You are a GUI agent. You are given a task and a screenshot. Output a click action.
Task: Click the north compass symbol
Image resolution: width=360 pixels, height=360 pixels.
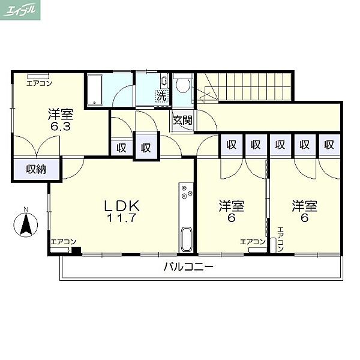pos(26,224)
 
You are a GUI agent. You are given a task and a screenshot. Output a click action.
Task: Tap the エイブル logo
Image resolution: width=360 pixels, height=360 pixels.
pos(20,10)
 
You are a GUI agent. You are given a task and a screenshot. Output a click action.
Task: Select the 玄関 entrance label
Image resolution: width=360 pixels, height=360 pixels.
pos(182,120)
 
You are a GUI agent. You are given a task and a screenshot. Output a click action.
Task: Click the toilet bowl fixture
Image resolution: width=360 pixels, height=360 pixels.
pos(183,84)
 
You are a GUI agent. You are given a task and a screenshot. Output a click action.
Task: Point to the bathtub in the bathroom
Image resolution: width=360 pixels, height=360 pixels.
pos(94,89)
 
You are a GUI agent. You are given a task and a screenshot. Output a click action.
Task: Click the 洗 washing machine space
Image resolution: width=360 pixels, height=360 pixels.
pos(161,97)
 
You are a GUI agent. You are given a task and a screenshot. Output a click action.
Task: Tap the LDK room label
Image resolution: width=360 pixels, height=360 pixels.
pos(122,205)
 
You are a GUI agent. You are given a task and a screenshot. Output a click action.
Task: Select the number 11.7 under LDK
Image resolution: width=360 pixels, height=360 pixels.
pos(122,218)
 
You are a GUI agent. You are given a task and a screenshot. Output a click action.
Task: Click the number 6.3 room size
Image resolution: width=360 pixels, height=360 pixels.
pos(61,127)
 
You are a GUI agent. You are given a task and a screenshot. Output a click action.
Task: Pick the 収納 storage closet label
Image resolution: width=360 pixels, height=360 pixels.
pos(36,169)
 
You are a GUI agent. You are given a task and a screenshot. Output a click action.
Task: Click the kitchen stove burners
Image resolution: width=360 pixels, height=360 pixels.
pos(187,192)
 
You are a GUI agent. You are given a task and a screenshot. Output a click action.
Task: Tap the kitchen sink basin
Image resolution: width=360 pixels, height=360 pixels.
pos(187,239)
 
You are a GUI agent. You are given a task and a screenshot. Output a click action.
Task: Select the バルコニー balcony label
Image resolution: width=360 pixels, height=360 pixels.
pos(188,267)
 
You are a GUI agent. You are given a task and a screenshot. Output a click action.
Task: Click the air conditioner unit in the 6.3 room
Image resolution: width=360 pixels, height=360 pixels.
pos(38,76)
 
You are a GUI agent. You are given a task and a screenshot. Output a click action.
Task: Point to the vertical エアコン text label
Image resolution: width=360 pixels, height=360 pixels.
pos(281,239)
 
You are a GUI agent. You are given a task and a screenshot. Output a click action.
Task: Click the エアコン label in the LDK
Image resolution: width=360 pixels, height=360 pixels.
pos(64,242)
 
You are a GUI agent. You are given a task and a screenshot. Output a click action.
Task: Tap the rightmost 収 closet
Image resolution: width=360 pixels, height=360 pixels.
pos(329,145)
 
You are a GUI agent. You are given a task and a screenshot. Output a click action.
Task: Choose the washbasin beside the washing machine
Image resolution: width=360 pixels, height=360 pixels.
pos(164,81)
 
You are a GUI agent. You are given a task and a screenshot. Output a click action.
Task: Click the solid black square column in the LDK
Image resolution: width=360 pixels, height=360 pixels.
pos(76,251)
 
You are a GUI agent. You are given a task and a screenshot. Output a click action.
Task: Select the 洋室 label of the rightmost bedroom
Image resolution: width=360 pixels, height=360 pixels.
pos(304,206)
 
